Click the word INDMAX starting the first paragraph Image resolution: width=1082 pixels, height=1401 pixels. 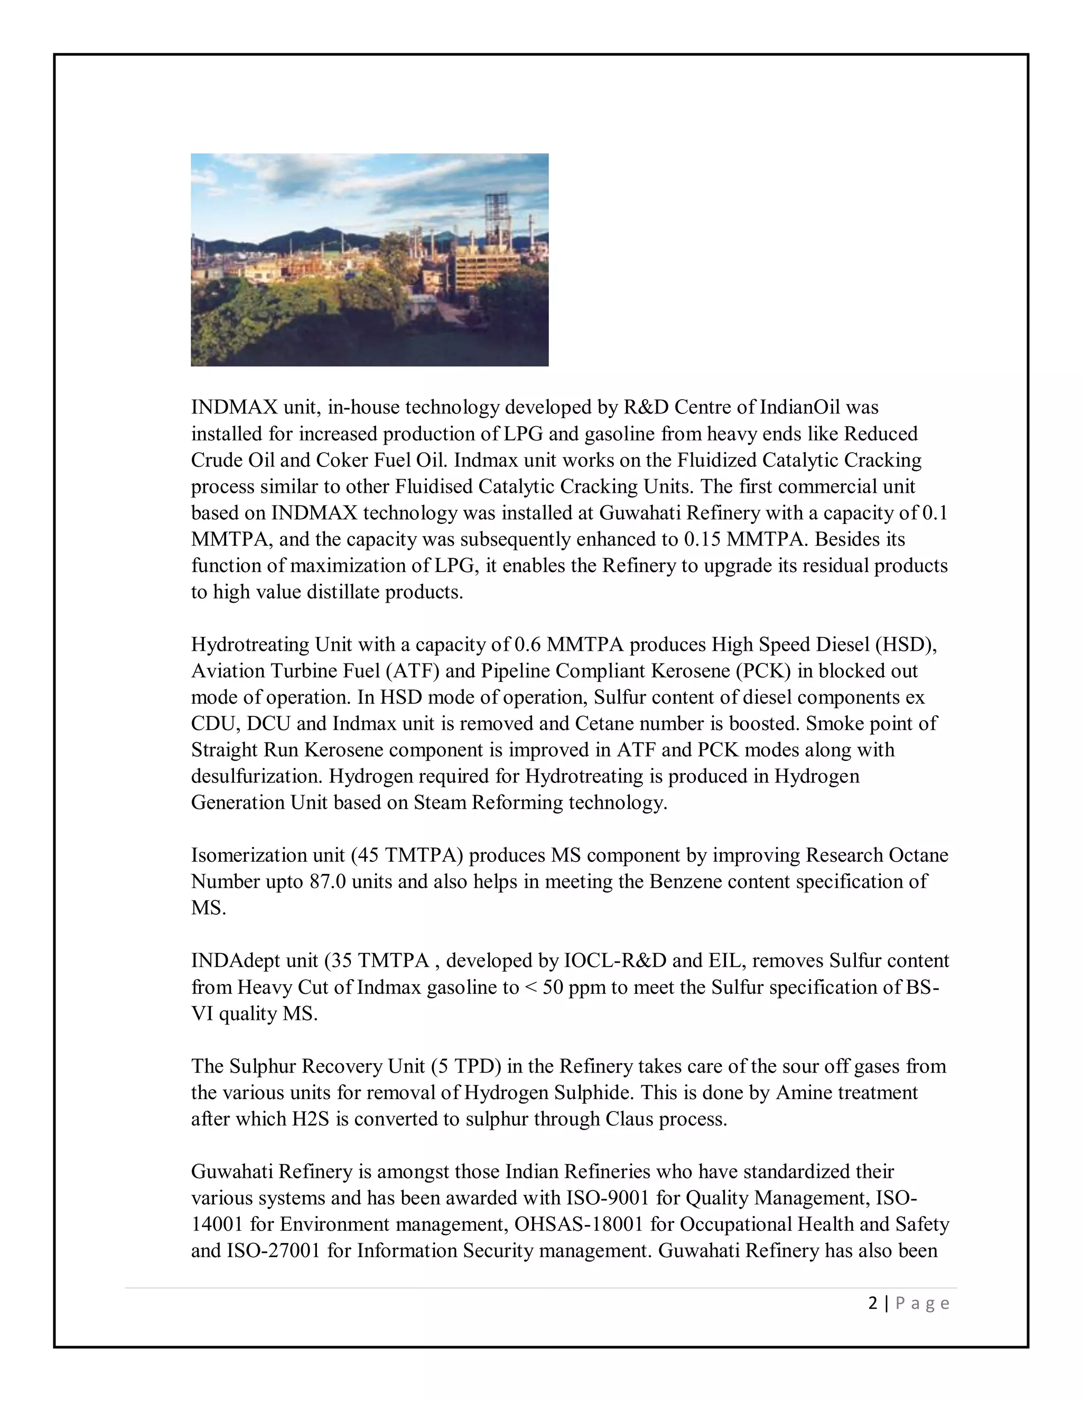coord(234,407)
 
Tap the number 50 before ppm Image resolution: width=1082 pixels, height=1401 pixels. coord(553,987)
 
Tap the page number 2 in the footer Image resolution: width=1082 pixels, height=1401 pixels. coord(872,1304)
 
